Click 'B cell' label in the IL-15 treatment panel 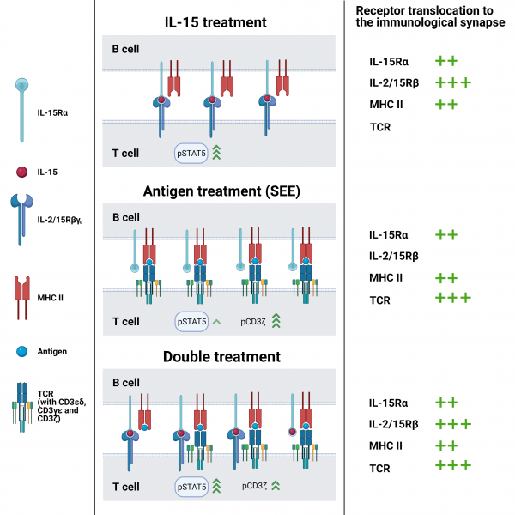126,50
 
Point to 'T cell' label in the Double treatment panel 126,488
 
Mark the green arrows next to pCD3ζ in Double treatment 276,487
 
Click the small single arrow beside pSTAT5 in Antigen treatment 215,322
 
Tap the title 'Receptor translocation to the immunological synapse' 421,16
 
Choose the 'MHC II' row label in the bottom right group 386,445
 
